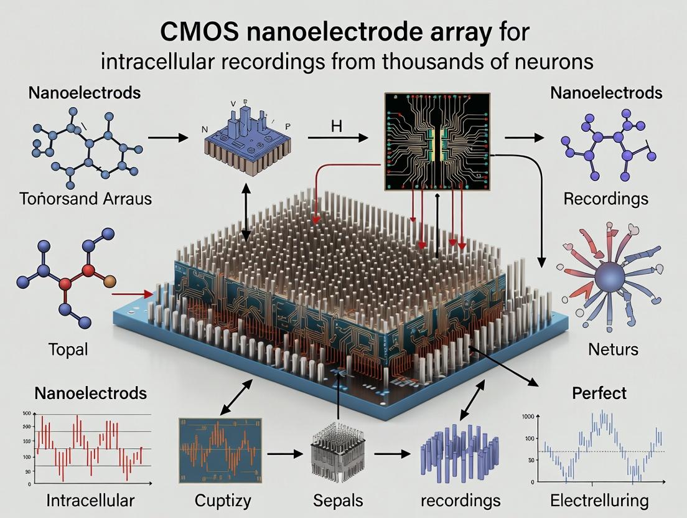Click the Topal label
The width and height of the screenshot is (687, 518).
coord(68,349)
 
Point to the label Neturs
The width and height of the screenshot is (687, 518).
coord(613,349)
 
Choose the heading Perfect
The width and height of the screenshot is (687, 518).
coord(599,393)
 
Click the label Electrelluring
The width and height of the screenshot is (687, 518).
coord(599,500)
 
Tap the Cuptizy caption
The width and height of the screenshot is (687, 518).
coord(223,500)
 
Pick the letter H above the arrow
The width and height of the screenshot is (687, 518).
coord(337,125)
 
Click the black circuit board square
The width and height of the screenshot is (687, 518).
coord(437,141)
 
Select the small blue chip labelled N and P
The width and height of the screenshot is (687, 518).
coord(240,138)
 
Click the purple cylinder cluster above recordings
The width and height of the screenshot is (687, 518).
coord(461,453)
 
